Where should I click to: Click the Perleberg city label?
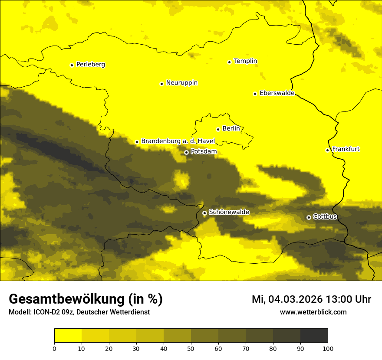click(90, 65)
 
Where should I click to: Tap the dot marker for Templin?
click(229, 62)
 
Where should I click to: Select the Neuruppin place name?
click(181, 83)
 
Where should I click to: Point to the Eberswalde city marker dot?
click(255, 94)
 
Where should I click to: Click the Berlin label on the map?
click(231, 129)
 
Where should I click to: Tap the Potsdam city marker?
click(186, 152)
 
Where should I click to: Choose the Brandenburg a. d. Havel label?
click(178, 141)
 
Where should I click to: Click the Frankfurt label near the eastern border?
click(346, 149)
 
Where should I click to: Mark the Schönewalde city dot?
click(204, 213)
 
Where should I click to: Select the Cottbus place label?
click(325, 217)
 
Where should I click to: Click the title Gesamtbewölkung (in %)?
click(86, 299)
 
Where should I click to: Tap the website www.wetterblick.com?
click(313, 312)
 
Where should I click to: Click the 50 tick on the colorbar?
click(191, 348)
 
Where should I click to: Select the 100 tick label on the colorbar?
click(328, 348)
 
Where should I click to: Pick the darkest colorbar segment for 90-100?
click(314, 335)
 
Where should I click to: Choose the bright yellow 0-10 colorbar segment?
click(68, 335)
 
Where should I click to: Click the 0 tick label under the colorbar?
click(54, 348)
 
